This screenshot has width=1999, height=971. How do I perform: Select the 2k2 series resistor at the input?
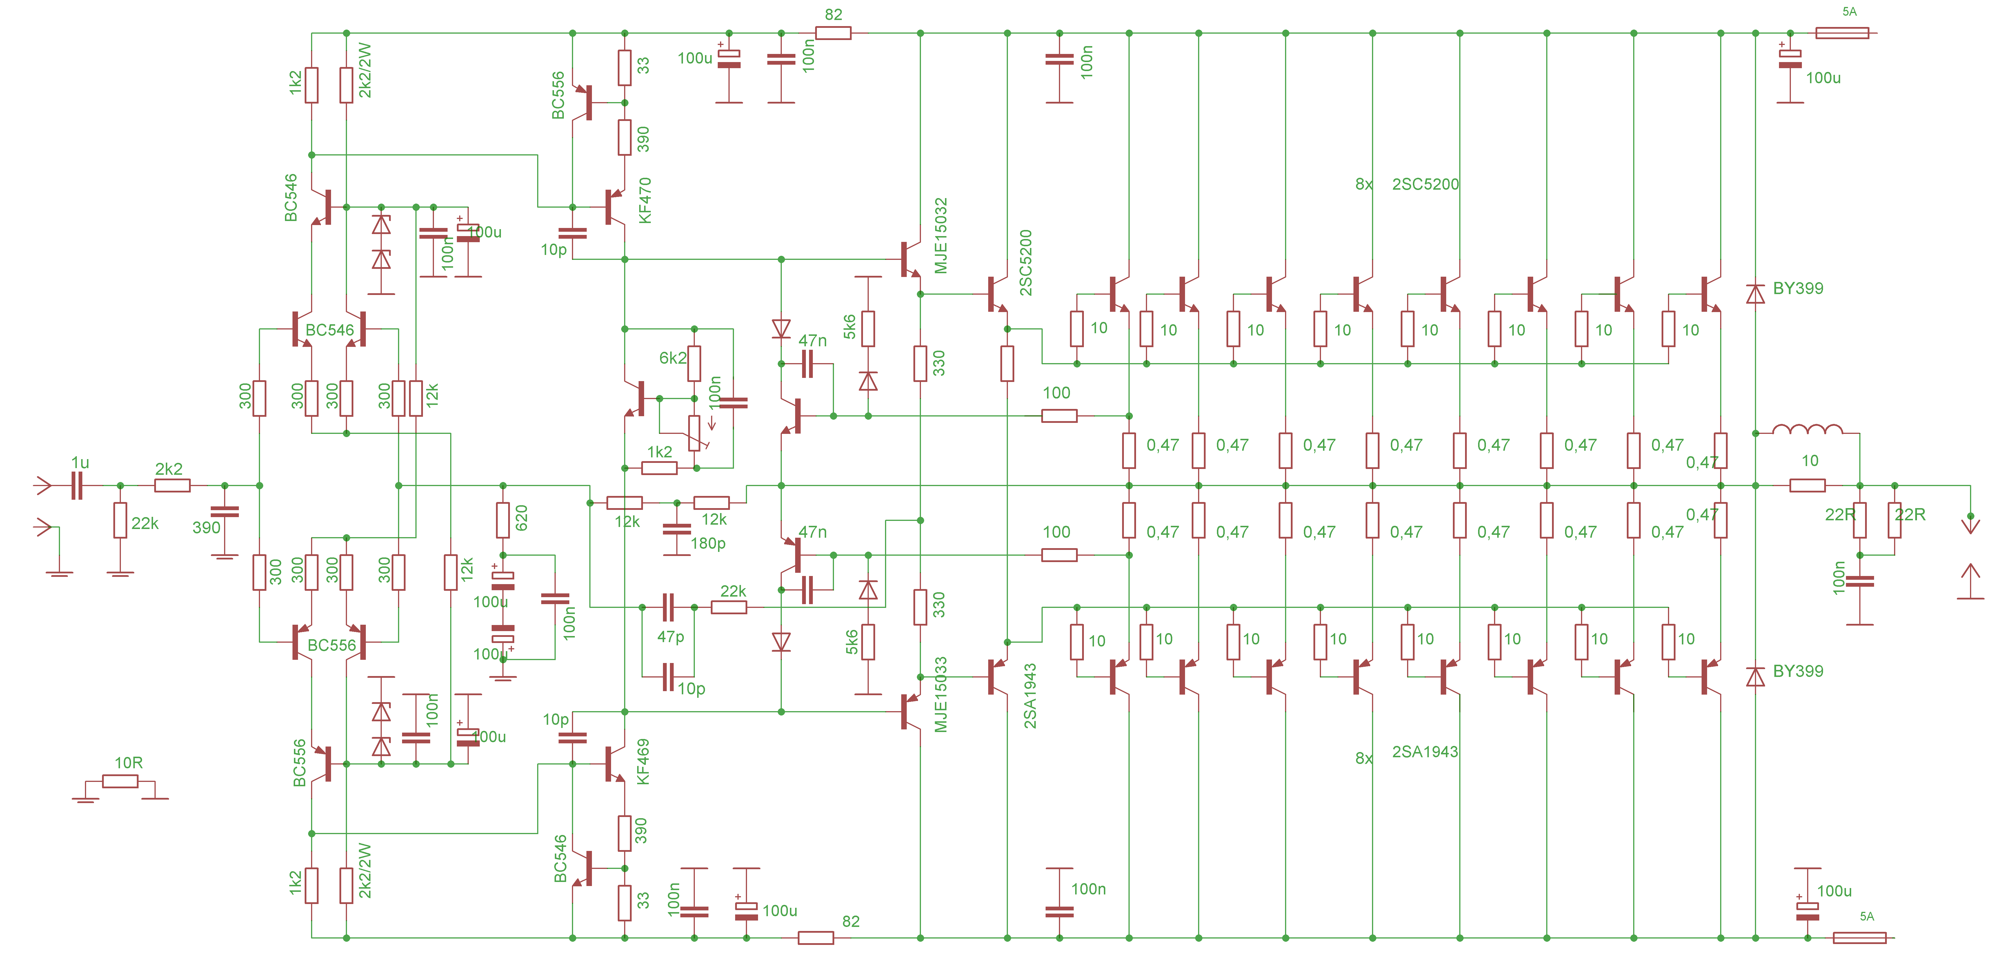coord(172,486)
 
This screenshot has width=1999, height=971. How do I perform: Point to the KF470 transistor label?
coord(645,200)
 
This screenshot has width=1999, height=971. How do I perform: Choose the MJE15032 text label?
coord(941,235)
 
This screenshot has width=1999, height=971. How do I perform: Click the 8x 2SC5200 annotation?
coord(1406,184)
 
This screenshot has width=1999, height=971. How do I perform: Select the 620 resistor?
coord(503,520)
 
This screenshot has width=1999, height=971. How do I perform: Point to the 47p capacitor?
coord(668,607)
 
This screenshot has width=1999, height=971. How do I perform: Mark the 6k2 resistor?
coord(695,363)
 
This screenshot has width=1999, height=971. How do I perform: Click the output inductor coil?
coord(1807,429)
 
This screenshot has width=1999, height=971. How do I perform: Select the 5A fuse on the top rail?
coord(1842,32)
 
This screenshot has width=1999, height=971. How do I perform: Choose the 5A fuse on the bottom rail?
coord(1859,938)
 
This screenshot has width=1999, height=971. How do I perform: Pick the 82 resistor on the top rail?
coord(833,32)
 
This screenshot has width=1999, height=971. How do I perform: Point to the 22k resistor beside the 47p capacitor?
coord(729,607)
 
